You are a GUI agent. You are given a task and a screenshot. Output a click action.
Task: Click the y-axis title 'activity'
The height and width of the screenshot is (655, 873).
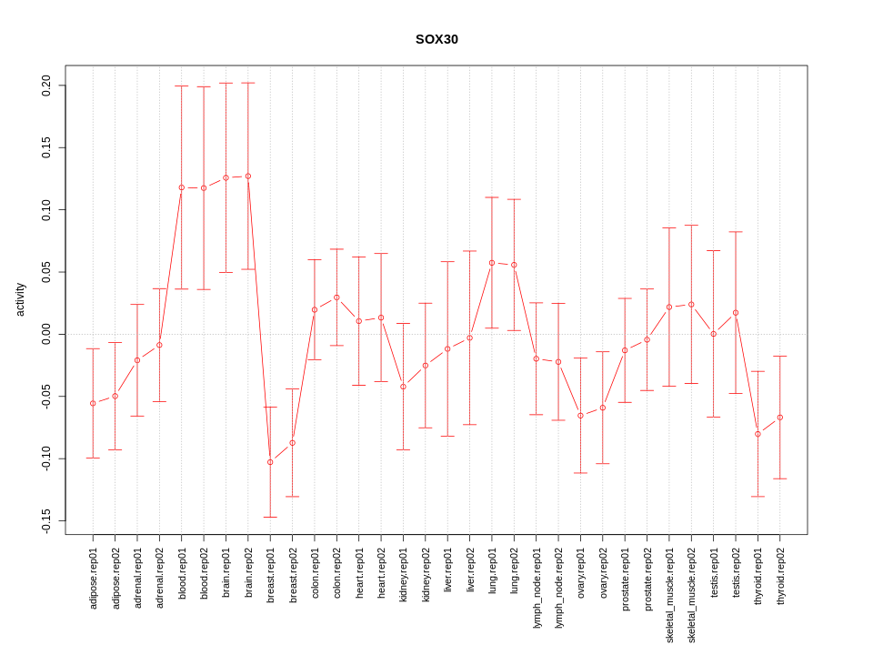(x=21, y=299)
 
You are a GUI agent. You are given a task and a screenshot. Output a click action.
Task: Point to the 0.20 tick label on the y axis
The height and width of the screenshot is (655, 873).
(x=46, y=86)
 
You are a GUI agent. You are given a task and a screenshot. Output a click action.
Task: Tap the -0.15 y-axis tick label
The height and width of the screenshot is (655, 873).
(x=46, y=520)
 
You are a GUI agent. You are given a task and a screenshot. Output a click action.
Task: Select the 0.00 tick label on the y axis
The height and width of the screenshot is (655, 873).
(x=46, y=334)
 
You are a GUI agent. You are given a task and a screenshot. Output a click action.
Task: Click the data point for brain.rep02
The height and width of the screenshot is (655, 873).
(x=248, y=176)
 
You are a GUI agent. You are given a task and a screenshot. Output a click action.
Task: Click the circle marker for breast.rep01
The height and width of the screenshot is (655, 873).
(x=270, y=462)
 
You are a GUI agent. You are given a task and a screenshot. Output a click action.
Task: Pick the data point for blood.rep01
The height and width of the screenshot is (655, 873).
(x=182, y=187)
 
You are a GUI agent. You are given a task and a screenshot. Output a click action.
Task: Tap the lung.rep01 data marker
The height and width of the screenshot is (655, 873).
(x=492, y=263)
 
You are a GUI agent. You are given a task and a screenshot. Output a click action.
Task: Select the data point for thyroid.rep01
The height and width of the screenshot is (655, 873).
(x=758, y=434)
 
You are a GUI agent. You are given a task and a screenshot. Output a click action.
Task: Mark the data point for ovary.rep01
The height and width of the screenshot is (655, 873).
(x=580, y=416)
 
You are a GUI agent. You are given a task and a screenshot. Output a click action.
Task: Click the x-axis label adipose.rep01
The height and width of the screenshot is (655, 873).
(x=94, y=579)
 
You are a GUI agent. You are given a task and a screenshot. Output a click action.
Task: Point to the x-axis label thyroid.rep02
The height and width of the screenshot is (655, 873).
(x=780, y=578)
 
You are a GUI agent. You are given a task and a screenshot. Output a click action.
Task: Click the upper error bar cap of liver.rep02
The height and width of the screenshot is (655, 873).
(x=470, y=251)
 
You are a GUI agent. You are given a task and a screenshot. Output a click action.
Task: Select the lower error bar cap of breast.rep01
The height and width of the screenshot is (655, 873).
(x=270, y=517)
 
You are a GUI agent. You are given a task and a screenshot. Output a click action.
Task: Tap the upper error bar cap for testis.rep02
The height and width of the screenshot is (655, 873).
(x=736, y=232)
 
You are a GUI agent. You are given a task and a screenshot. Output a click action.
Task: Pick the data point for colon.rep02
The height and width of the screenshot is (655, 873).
(x=336, y=297)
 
